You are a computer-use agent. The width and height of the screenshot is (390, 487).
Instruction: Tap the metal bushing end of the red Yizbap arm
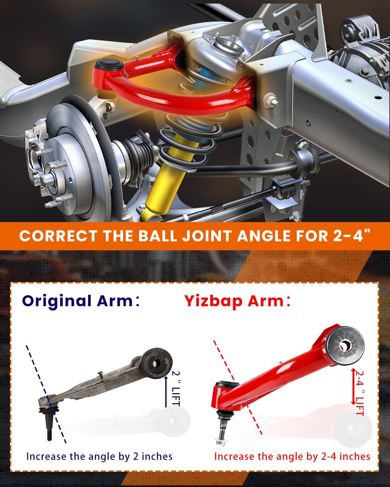pyautogui.click(x=343, y=345)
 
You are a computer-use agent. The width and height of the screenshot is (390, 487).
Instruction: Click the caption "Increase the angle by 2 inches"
pyautogui.click(x=99, y=456)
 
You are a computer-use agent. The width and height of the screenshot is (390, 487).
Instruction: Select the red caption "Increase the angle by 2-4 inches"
pyautogui.click(x=292, y=456)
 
